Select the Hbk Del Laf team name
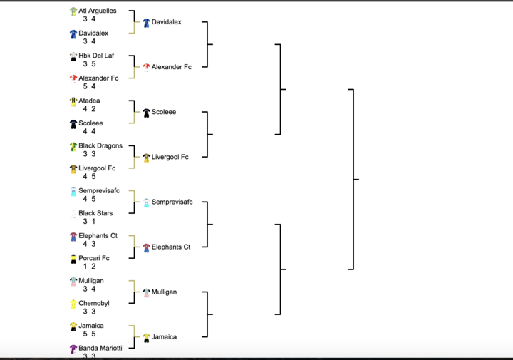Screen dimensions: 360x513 tap(95, 56)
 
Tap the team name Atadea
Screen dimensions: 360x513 tap(89, 101)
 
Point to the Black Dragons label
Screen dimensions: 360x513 tap(100, 146)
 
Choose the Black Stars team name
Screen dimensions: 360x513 tap(95, 213)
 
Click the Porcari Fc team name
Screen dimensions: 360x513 tap(93, 258)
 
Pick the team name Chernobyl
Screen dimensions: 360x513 tap(93, 303)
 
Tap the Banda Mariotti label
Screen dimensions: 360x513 tap(100, 348)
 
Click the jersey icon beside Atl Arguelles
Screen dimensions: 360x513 tap(73, 11)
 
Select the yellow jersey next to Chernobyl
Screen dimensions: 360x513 tap(73, 304)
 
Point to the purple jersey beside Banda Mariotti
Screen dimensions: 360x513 tap(73, 349)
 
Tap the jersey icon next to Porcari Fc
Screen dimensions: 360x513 tap(73, 259)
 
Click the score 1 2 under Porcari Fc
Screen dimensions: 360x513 tap(89, 267)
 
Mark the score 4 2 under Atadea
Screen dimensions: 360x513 tap(89, 109)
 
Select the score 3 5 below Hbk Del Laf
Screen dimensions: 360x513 tap(89, 64)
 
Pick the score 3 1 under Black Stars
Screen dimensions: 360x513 tap(89, 222)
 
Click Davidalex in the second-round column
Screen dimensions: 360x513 tap(166, 22)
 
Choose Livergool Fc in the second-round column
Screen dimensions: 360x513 tap(170, 157)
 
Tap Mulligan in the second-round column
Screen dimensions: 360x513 tap(164, 292)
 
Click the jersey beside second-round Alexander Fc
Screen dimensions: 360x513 tap(146, 67)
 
